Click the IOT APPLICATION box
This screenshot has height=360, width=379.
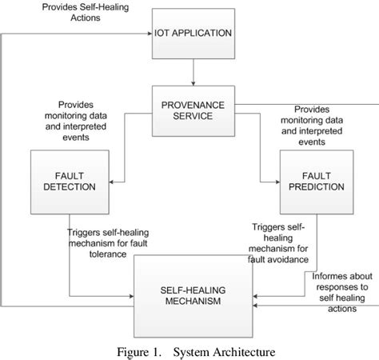193,34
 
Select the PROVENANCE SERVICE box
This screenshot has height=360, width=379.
193,111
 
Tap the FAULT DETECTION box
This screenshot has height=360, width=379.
69,181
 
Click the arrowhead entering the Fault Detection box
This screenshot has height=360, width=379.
112,182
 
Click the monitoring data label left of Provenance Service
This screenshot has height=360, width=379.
85,120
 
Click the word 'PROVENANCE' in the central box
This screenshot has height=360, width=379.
193,104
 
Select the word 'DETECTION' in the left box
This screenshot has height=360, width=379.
69,186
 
